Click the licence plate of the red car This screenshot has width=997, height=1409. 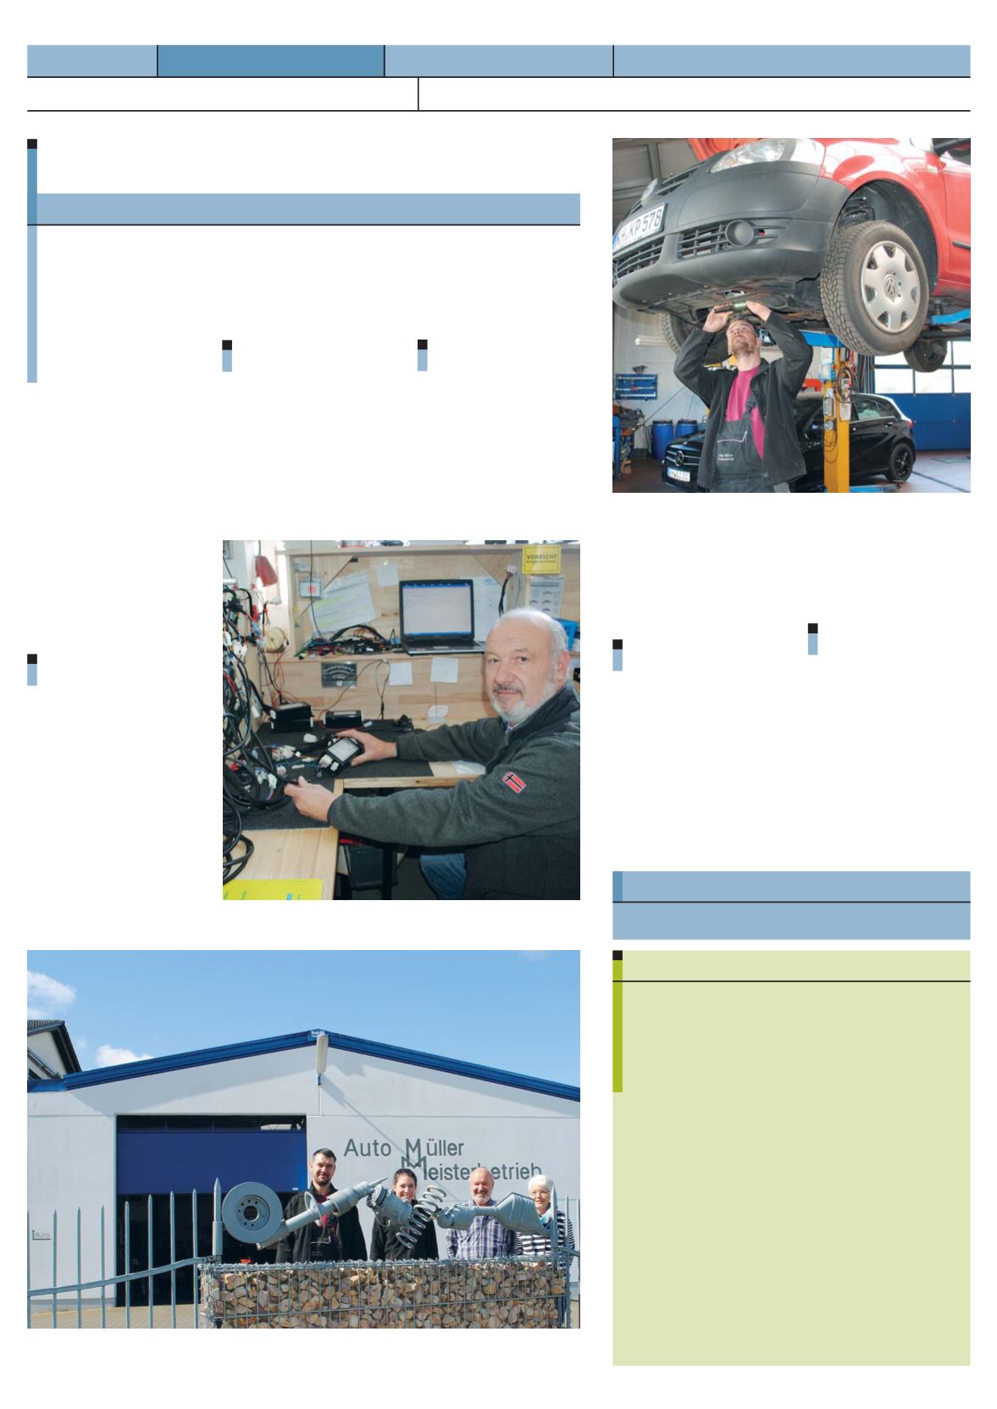click(x=640, y=226)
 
